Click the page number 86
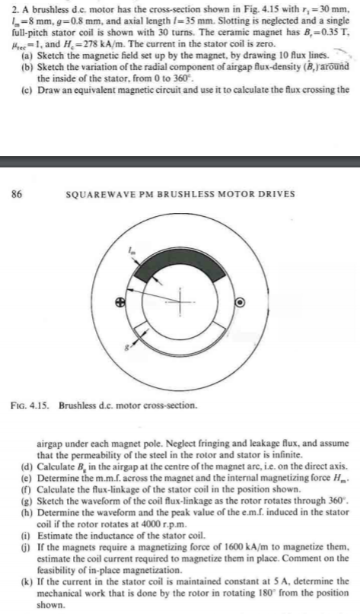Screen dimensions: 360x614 coord(17,193)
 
